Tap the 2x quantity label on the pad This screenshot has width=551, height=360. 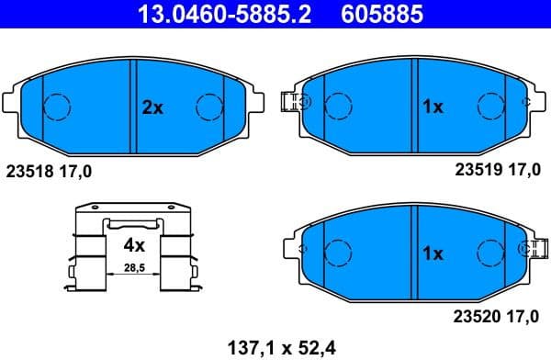tap(152, 107)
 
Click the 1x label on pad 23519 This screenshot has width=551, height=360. tap(433, 107)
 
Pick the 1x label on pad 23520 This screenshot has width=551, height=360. tap(433, 253)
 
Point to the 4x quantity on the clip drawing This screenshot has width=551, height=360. tap(134, 245)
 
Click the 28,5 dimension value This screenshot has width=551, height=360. tap(135, 267)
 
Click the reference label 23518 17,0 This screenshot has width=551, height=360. tap(50, 171)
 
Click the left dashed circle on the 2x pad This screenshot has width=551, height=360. tap(58, 107)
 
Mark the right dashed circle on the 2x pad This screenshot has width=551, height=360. tap(210, 107)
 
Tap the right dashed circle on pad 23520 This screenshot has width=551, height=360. tap(491, 252)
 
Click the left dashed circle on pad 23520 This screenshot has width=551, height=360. tap(339, 252)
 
